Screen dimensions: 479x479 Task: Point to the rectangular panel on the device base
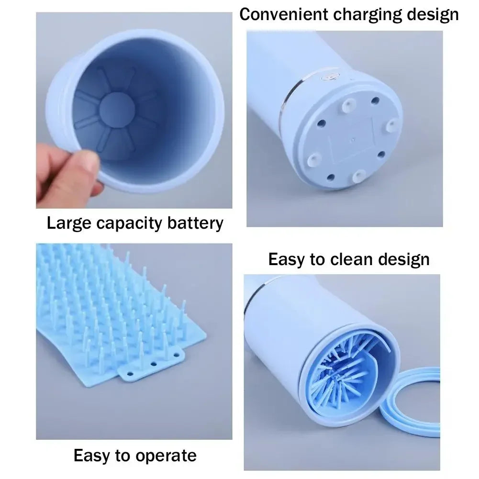pos(352,139)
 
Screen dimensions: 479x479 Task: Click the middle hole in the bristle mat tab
pos(154,364)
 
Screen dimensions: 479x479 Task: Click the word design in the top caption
pos(433,14)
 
